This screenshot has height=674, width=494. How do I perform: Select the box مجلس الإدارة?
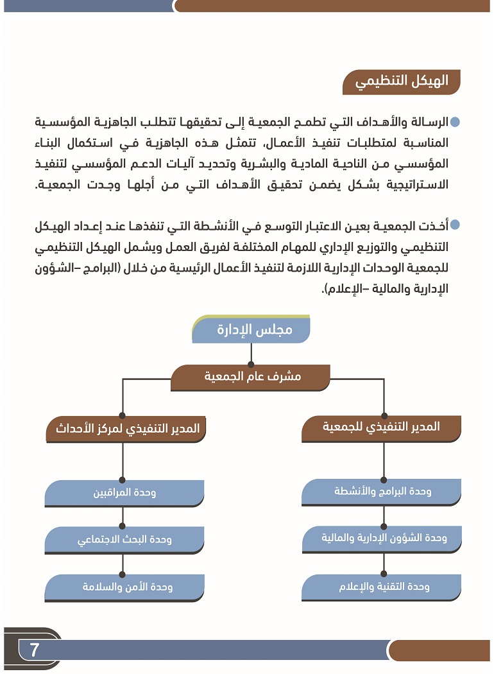pyautogui.click(x=252, y=330)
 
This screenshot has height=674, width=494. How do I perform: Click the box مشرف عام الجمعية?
pyautogui.click(x=252, y=377)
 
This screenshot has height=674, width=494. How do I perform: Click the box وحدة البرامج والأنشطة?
pyautogui.click(x=383, y=492)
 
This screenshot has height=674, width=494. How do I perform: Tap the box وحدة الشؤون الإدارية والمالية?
pyautogui.click(x=383, y=539)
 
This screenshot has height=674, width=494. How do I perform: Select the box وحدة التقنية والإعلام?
pyautogui.click(x=383, y=587)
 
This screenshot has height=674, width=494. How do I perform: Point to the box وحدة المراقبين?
pyautogui.click(x=124, y=493)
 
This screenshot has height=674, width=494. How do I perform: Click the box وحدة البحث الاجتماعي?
pyautogui.click(x=124, y=540)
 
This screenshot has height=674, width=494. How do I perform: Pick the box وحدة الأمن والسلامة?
pyautogui.click(x=124, y=587)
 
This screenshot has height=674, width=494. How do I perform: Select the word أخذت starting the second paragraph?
pyautogui.click(x=434, y=225)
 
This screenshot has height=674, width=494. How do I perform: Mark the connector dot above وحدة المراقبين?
pyautogui.click(x=122, y=480)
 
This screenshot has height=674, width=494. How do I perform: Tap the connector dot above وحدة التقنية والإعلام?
pyautogui.click(x=383, y=574)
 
